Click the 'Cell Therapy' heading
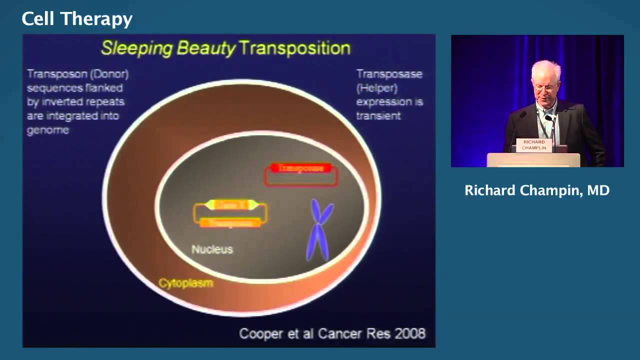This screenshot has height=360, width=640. point(77,19)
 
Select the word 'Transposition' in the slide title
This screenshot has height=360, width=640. point(294,48)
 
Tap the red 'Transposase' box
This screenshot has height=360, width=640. point(300,168)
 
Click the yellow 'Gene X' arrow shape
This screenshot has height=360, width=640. point(231,204)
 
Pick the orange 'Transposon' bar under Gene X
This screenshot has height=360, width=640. point(230,223)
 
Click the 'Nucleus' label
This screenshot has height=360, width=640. point(212,249)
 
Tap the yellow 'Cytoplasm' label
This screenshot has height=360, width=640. point(186,283)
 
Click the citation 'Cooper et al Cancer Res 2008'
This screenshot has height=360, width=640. point(332,333)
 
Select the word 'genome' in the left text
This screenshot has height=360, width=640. point(48,130)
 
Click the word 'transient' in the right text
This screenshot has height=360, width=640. point(378,115)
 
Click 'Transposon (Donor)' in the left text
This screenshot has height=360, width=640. point(77,74)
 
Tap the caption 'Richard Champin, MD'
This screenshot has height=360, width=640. point(537,190)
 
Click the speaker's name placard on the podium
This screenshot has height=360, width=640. point(534,145)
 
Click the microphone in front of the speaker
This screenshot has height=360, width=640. point(549,119)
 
